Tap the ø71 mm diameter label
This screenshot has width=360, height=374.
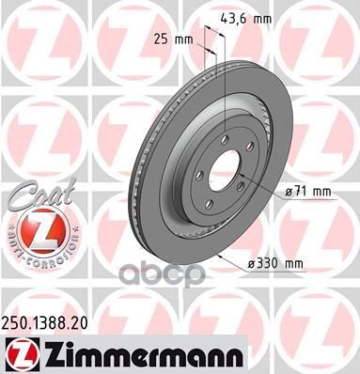(x=308, y=192)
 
